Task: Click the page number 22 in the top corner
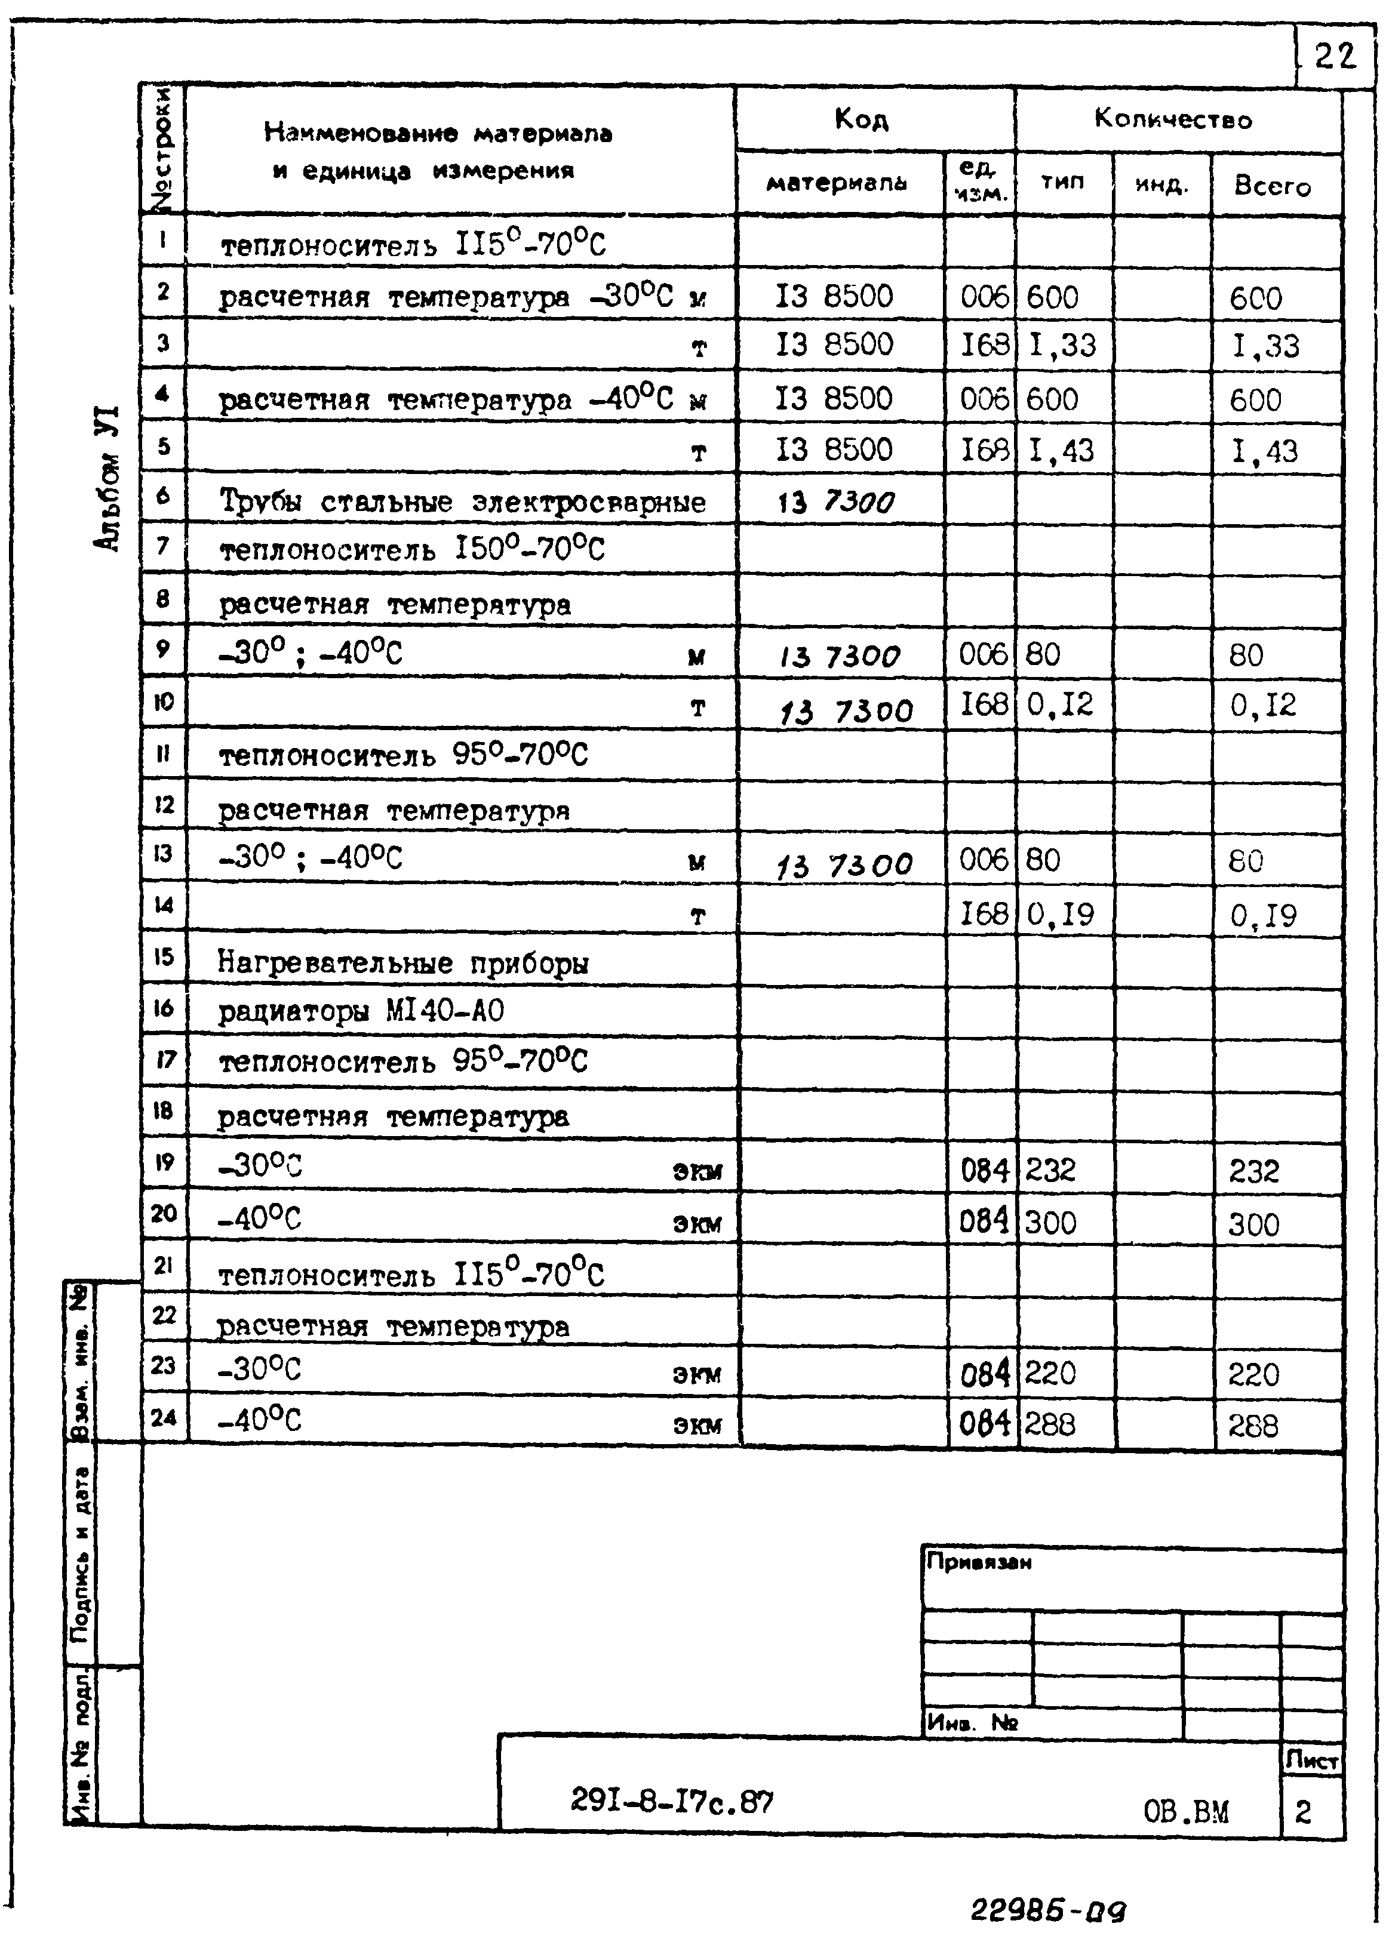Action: (x=1334, y=57)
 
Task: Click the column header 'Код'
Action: (x=861, y=119)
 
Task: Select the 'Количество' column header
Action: (x=1173, y=119)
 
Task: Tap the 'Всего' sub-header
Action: (x=1272, y=186)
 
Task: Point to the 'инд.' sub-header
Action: (x=1161, y=184)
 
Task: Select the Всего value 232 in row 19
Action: (x=1254, y=1171)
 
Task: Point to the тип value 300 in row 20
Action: (x=1050, y=1223)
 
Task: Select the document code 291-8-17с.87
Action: (x=671, y=1801)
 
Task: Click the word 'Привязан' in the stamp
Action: (x=979, y=1562)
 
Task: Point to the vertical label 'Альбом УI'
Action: (x=107, y=479)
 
